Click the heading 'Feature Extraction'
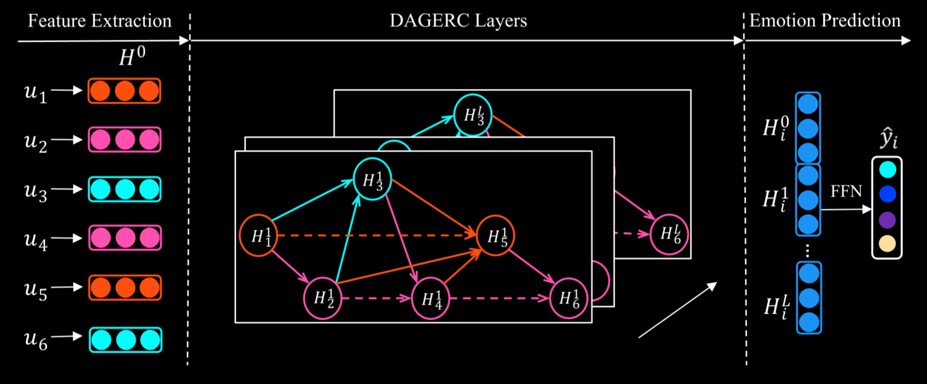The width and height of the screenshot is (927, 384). click(100, 21)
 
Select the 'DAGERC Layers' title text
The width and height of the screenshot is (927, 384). click(458, 21)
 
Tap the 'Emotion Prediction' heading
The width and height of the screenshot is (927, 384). click(825, 21)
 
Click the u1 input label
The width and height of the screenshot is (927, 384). click(36, 92)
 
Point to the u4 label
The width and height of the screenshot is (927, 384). click(36, 240)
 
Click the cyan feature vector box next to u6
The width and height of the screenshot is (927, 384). click(126, 340)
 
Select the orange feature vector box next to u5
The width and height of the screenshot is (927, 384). click(125, 288)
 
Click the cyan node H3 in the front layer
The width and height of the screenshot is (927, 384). click(372, 179)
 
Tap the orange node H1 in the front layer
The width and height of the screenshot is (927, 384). click(259, 236)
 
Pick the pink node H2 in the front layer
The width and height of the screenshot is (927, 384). click(322, 298)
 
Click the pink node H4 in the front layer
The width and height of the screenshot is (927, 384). click(430, 299)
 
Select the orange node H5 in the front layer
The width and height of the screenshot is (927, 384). click(495, 236)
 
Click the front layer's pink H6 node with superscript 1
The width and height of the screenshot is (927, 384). click(568, 298)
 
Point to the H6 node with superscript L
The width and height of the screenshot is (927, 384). click(669, 234)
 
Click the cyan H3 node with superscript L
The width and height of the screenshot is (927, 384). click(473, 115)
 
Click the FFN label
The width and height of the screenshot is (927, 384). click(846, 191)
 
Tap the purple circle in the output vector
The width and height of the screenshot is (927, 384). click(887, 220)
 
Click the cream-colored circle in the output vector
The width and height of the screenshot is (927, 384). click(887, 244)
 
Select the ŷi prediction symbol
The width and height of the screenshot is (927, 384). click(888, 139)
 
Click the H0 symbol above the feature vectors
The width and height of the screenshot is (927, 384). click(132, 56)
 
